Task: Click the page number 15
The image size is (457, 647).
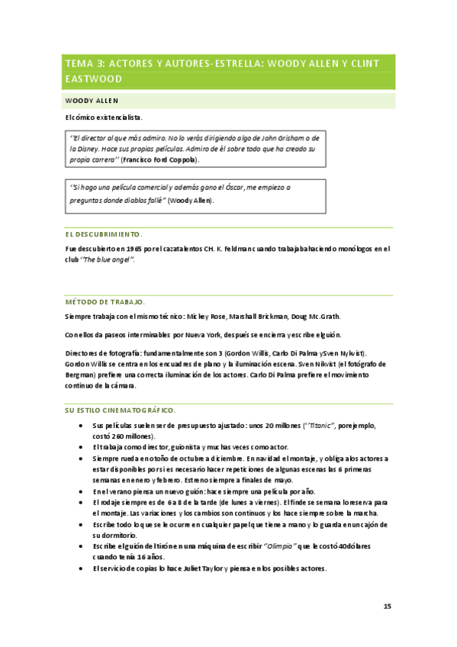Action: point(387,606)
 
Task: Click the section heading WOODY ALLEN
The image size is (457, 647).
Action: point(92,101)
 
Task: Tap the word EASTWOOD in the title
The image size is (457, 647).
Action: point(94,79)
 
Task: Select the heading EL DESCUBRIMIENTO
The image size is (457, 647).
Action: point(104,234)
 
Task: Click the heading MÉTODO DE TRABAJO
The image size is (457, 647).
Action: point(104,302)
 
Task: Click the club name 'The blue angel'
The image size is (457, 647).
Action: point(109,260)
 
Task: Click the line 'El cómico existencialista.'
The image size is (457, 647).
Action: point(104,117)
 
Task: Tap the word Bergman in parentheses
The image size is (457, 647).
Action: point(82,375)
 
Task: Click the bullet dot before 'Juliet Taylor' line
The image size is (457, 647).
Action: point(82,569)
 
